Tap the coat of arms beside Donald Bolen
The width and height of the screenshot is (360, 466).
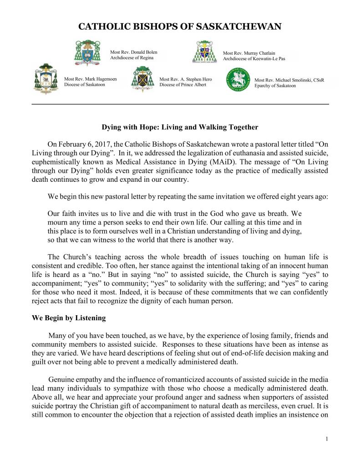coord(91,53)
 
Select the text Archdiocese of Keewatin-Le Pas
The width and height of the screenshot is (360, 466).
coord(254,59)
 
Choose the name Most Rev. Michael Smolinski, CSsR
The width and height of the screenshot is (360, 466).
coord(289,80)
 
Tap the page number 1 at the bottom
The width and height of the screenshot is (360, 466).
coord(327,439)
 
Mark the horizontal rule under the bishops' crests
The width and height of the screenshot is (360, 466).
coord(180,104)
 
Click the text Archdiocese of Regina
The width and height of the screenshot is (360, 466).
coord(132,58)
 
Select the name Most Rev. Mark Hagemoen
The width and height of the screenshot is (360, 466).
coord(91,79)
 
